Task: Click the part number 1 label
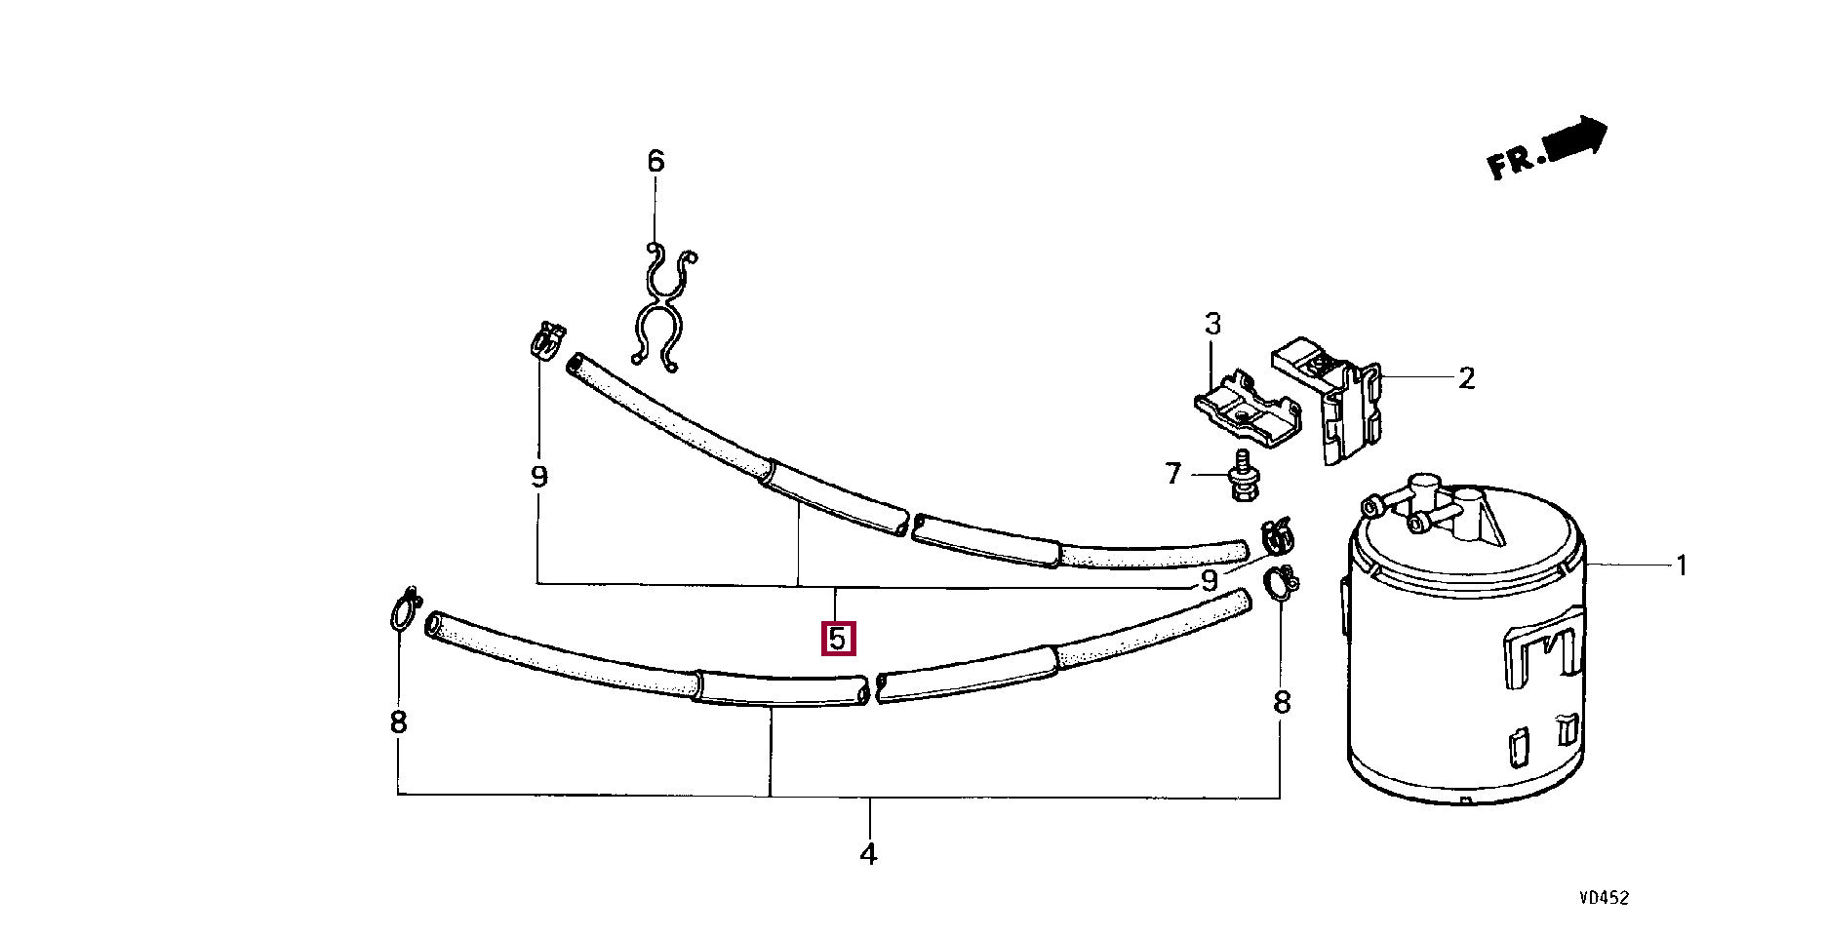tap(1681, 565)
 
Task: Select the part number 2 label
tap(1467, 377)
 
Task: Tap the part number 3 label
tap(1212, 323)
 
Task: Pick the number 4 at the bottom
tap(868, 854)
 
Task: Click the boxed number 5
tap(838, 640)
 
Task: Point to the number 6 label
tap(655, 161)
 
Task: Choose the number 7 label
tap(1173, 474)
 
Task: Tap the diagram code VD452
tap(1604, 898)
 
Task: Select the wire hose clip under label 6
tap(663, 307)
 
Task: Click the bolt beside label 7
tap(1244, 477)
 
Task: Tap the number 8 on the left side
tap(398, 722)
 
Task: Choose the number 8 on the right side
tap(1282, 702)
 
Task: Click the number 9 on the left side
tap(538, 477)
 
